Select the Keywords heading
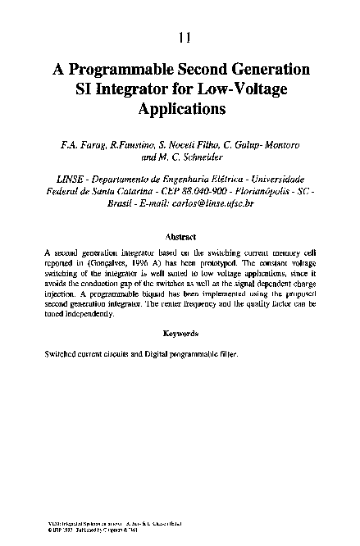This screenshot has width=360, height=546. (x=180, y=334)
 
